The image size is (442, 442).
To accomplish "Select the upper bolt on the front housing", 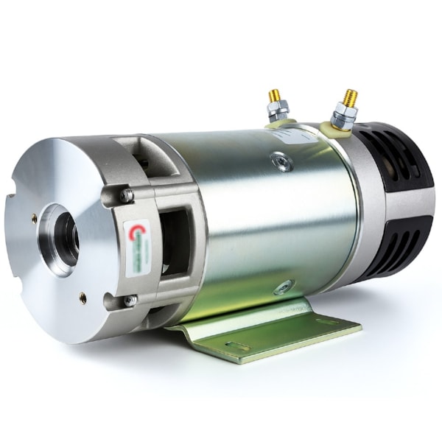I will (x=127, y=196).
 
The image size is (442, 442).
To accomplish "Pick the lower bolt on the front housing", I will (x=130, y=300).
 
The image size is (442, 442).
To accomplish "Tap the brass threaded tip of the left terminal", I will (x=274, y=95).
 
